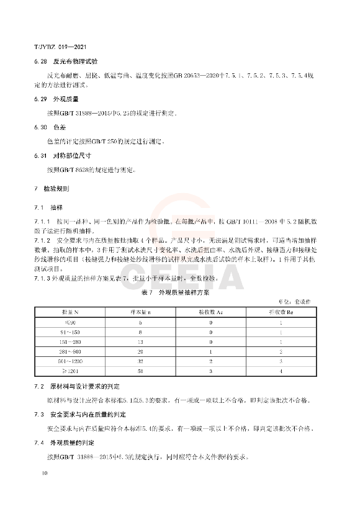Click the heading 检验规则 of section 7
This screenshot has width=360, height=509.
tap(62, 187)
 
